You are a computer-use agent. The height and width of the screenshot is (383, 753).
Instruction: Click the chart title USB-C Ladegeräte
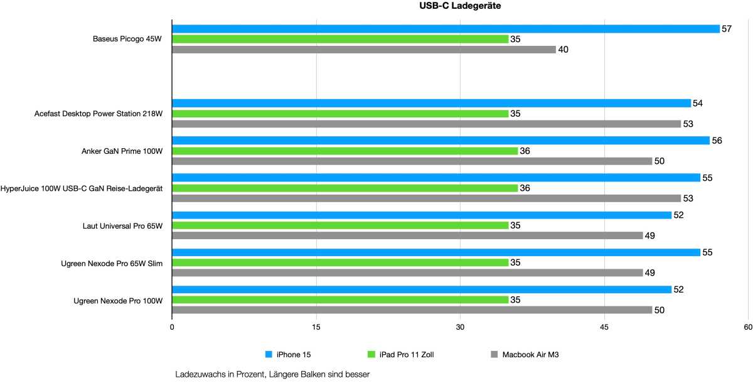coord(460,6)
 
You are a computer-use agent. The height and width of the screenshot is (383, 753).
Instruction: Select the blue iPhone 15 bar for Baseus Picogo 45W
coord(446,29)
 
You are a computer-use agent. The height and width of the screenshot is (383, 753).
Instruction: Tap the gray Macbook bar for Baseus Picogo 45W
coord(364,50)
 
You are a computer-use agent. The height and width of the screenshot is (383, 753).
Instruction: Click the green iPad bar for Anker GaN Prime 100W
coord(344,151)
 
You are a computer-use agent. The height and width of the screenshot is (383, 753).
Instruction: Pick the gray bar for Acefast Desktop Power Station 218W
coord(426,124)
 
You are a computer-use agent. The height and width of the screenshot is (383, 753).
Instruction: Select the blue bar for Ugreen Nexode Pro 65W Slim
coord(436,252)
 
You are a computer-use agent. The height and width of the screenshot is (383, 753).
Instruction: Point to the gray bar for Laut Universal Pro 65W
coord(407,235)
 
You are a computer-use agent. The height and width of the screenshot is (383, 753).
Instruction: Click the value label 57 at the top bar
coord(727,29)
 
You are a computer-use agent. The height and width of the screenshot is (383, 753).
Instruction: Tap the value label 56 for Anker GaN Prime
coord(717,141)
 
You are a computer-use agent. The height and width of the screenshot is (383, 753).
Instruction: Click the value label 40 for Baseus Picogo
coord(563,50)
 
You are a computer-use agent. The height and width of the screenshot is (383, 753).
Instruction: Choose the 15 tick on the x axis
coord(316,328)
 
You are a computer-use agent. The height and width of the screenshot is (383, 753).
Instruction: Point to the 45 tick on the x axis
coord(604,328)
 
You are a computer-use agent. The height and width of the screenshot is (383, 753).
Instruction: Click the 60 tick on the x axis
coord(747,328)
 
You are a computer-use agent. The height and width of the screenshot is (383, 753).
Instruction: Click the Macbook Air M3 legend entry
coord(530,355)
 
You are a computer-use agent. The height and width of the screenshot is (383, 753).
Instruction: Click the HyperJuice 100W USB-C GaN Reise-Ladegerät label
coord(82,188)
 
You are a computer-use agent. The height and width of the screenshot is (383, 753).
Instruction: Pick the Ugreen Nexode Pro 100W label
coord(118,301)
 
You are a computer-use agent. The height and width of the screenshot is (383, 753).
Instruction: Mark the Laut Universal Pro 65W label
coord(123,226)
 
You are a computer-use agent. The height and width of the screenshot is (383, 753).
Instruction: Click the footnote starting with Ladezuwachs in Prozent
coord(273,375)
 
